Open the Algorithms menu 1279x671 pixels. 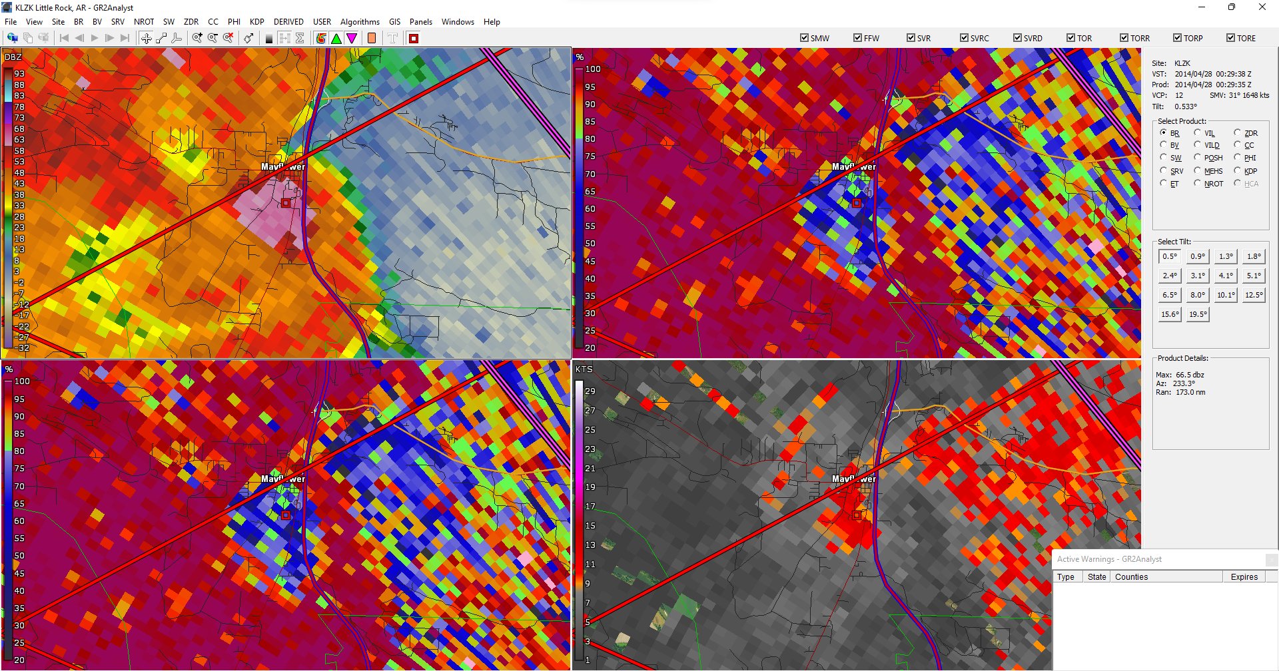point(360,22)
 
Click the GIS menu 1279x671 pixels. point(394,22)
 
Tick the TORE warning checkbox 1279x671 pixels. point(1230,38)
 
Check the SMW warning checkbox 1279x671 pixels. point(804,38)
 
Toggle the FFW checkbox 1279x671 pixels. point(857,38)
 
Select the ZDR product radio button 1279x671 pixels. point(1237,133)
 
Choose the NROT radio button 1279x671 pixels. point(1197,184)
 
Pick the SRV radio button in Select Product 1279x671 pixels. point(1163,171)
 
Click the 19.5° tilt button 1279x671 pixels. point(1198,314)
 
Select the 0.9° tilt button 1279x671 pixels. point(1198,256)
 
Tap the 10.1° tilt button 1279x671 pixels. point(1226,295)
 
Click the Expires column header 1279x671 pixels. point(1244,577)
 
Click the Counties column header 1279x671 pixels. point(1131,577)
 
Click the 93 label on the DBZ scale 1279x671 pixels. point(19,74)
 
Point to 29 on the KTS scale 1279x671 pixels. point(590,391)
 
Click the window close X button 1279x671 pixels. point(1262,7)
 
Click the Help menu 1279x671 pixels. point(492,22)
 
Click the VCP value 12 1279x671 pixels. point(1179,95)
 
